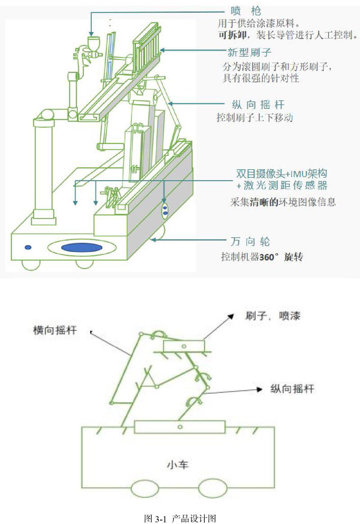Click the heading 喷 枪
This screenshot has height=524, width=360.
(246, 11)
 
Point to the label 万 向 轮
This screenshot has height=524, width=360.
(250, 241)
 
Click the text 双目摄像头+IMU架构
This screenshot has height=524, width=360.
(282, 174)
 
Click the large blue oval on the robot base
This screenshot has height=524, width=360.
(81, 248)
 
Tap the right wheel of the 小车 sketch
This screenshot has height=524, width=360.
(213, 488)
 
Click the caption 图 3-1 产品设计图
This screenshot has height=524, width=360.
(180, 518)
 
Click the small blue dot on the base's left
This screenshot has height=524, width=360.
(28, 247)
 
